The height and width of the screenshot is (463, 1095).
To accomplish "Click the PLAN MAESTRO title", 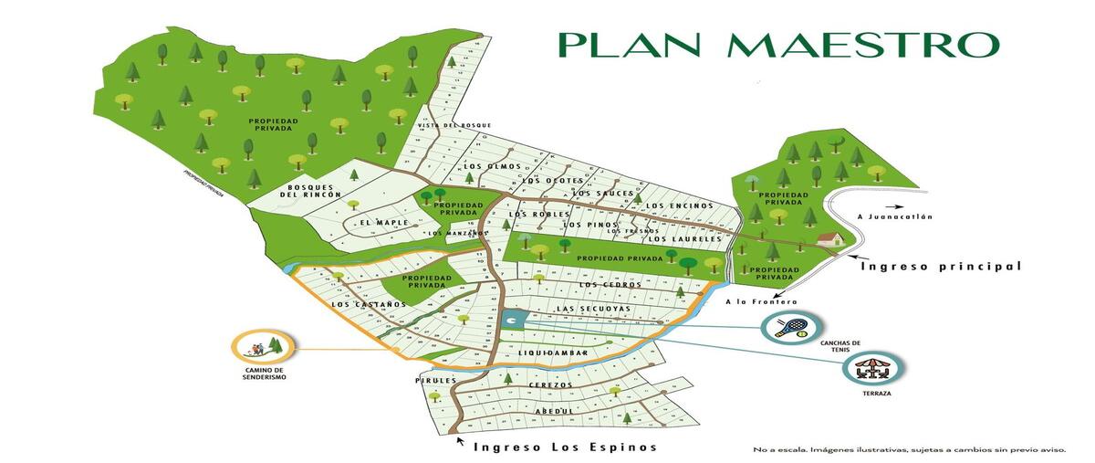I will [778, 44].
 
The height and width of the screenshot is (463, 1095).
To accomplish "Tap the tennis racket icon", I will [791, 327].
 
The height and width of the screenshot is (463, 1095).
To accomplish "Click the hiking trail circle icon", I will [263, 347].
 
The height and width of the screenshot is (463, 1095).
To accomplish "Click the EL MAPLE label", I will [377, 223].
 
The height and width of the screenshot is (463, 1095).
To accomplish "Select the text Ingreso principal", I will [940, 267].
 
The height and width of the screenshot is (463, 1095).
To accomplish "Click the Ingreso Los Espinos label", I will [564, 447].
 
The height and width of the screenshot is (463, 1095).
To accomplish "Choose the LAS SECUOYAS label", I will [592, 309].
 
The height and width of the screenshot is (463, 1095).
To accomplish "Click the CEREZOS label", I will [550, 385].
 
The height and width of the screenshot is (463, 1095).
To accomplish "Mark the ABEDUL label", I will [555, 411].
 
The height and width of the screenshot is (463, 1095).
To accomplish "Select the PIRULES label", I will [434, 379].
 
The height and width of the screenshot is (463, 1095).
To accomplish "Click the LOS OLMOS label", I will [492, 166].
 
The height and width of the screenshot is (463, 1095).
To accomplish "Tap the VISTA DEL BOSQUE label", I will [454, 125].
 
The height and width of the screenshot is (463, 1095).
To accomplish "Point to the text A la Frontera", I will [761, 301].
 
